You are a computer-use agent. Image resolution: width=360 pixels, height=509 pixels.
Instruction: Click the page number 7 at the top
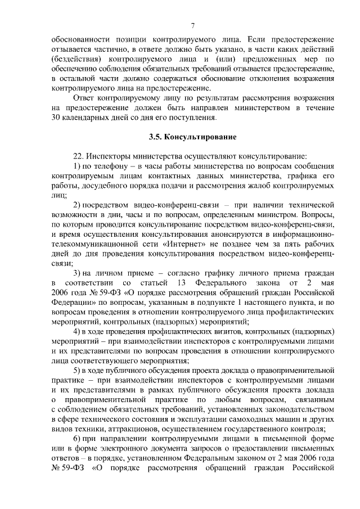click(192, 25)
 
